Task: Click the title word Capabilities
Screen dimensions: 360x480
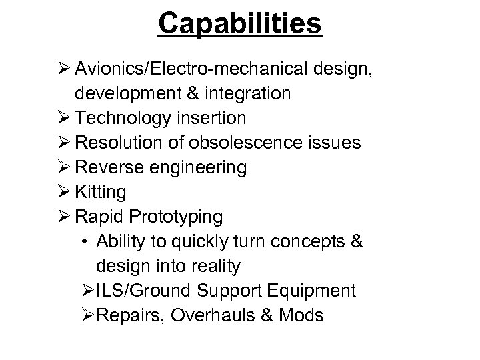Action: click(240, 24)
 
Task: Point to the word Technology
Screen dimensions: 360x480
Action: click(133, 119)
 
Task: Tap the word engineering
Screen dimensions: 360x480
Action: click(198, 168)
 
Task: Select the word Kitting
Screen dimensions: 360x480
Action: click(101, 193)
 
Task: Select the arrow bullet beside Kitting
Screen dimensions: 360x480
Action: click(64, 193)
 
